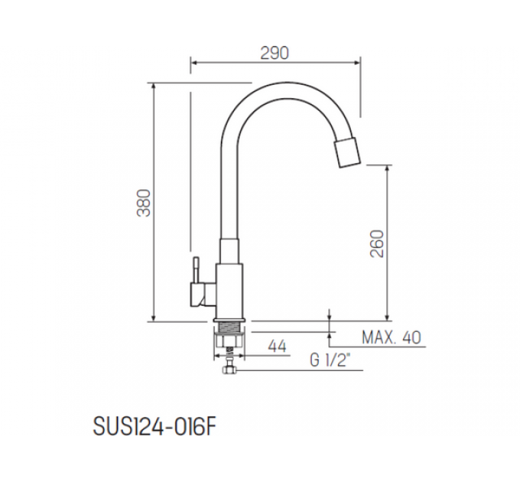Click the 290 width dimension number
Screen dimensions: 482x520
pos(275,53)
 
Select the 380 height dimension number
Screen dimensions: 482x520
pos(144,203)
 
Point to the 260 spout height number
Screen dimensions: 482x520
pos(377,243)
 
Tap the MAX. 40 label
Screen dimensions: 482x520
pos(391,337)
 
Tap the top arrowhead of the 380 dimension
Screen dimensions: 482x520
pos(155,87)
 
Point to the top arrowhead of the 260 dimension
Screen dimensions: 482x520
pos(388,168)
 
